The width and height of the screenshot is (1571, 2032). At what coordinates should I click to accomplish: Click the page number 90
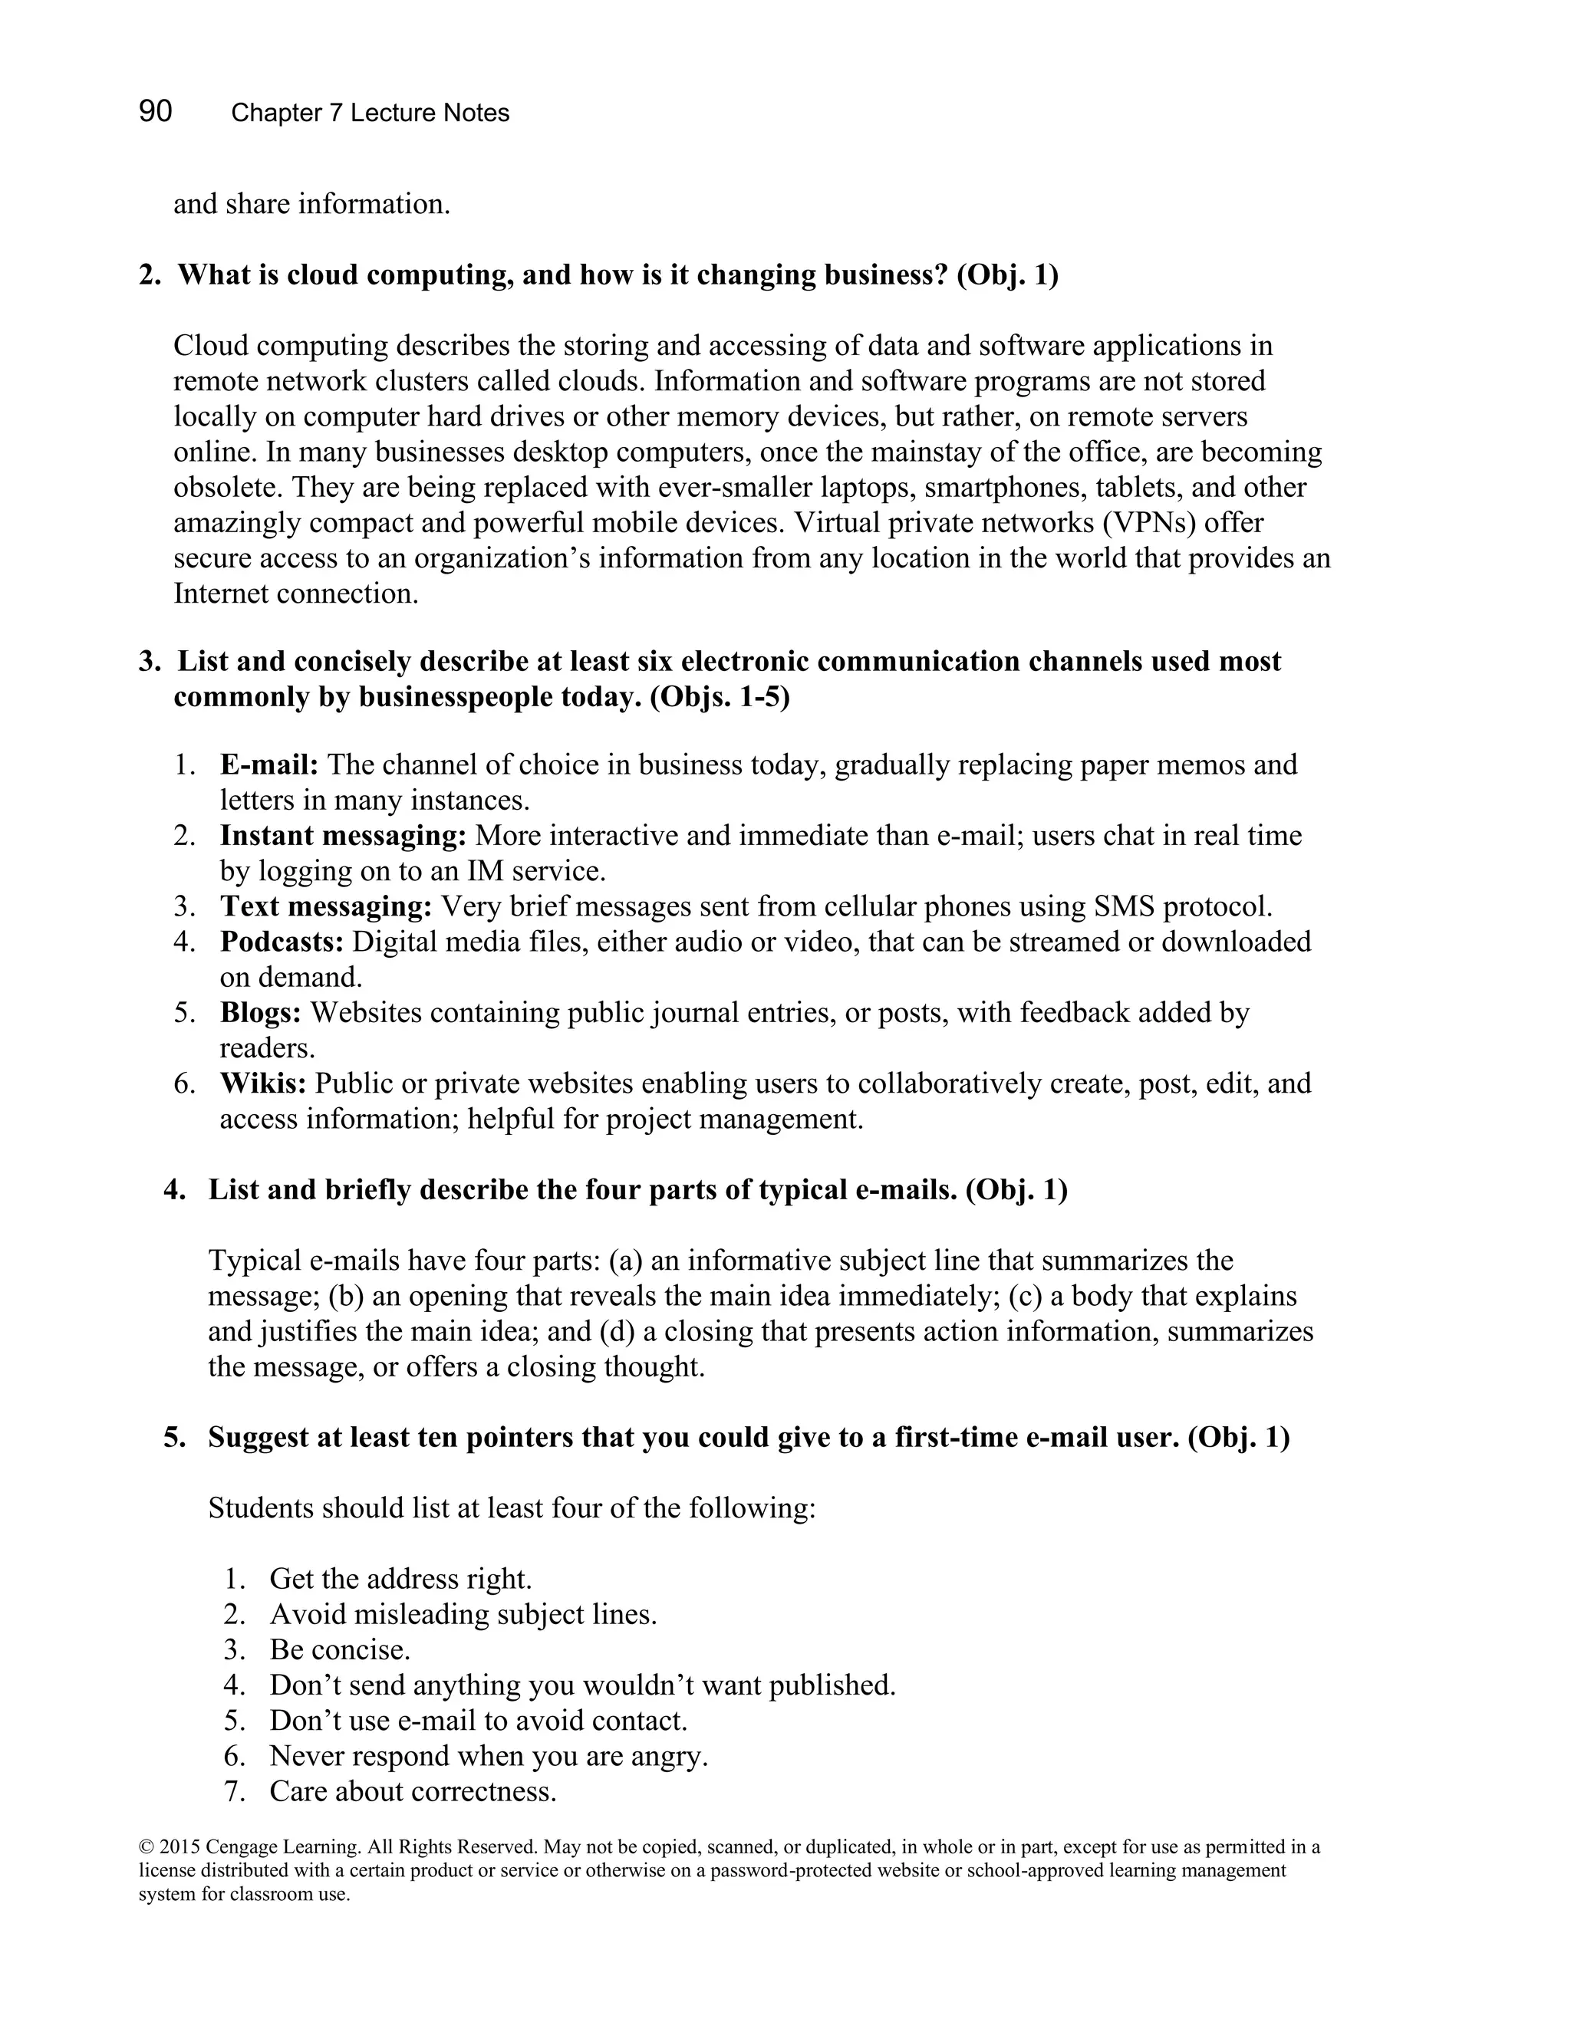pyautogui.click(x=156, y=112)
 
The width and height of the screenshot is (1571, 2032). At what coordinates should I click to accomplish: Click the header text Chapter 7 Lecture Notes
pyautogui.click(x=370, y=113)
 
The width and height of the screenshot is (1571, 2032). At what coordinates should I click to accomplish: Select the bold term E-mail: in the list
pyautogui.click(x=269, y=764)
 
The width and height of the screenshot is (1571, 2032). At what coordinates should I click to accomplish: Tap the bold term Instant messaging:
pyautogui.click(x=342, y=836)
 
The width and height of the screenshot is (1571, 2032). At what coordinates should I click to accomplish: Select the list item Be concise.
pyautogui.click(x=340, y=1649)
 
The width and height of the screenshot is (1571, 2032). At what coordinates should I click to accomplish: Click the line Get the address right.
pyautogui.click(x=400, y=1579)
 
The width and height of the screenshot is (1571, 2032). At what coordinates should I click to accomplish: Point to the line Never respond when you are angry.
pyautogui.click(x=489, y=1756)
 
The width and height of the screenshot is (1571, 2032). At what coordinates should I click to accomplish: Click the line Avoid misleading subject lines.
pyautogui.click(x=463, y=1614)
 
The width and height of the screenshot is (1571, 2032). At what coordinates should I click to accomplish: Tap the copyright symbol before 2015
pyautogui.click(x=145, y=1847)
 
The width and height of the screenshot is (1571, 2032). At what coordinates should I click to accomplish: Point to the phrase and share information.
pyautogui.click(x=311, y=204)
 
